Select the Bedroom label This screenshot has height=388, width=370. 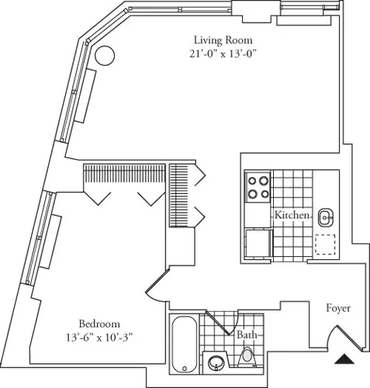(x=99, y=324)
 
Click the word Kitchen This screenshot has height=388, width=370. (x=292, y=214)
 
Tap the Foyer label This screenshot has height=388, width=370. (x=338, y=308)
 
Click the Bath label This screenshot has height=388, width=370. (x=247, y=335)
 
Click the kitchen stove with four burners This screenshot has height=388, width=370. (x=258, y=187)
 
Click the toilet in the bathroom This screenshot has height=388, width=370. (x=247, y=356)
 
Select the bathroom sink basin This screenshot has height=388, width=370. (x=216, y=361)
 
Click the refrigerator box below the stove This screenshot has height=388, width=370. (x=258, y=241)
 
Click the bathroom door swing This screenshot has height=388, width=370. (x=224, y=325)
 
